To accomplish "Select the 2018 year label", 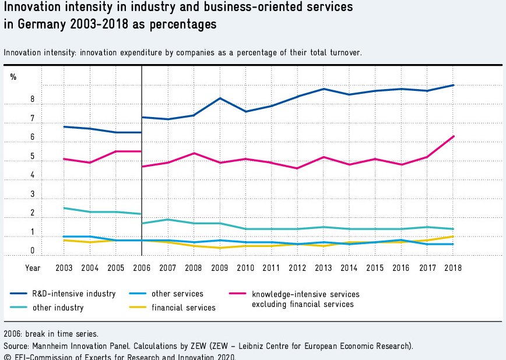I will (453, 268).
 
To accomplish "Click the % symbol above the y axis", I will (13, 77).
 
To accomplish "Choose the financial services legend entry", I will (183, 308).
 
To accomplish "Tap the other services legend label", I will (177, 294).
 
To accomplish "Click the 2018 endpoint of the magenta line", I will (453, 136).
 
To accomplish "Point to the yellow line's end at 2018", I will (453, 237).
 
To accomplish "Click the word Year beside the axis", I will (33, 268).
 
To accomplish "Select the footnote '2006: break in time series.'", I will (51, 334).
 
